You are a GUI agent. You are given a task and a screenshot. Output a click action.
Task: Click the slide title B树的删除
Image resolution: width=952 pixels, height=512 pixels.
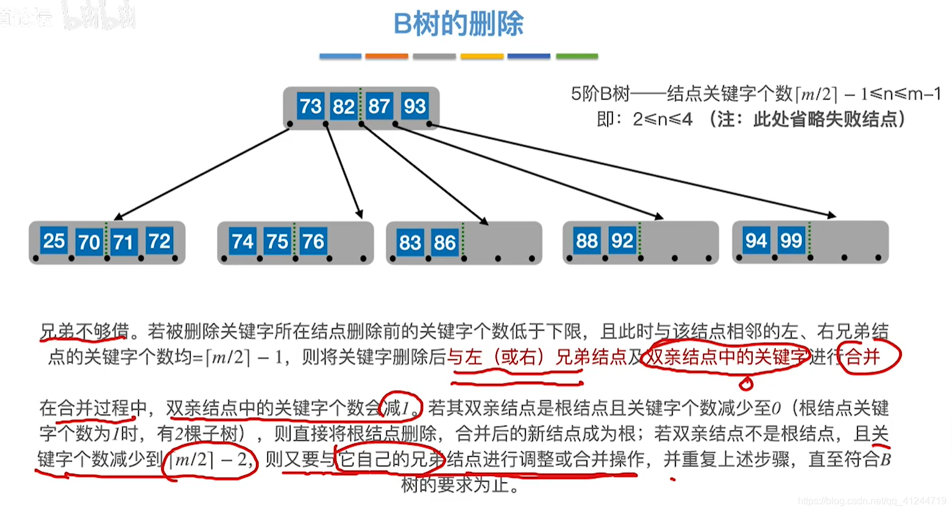(458, 24)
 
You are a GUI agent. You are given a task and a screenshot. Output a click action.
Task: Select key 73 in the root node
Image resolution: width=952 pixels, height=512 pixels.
(310, 106)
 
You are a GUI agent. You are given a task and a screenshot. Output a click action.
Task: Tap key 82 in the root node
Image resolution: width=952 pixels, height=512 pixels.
(343, 107)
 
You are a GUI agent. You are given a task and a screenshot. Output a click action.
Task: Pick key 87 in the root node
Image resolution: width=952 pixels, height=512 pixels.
(379, 106)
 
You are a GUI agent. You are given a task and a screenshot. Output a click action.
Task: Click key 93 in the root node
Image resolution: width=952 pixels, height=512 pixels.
(414, 106)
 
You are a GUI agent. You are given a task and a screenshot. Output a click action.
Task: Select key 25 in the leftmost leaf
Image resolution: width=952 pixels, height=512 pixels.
(54, 240)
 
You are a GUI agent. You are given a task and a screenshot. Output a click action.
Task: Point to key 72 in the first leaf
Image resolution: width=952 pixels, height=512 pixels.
(159, 241)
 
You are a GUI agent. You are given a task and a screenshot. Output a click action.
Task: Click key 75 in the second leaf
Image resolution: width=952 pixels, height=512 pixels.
(277, 242)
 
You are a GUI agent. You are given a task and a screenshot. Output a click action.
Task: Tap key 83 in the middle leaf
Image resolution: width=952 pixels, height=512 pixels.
(410, 242)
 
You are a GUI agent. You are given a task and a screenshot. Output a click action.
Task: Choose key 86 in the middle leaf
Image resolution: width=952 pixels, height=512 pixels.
(444, 242)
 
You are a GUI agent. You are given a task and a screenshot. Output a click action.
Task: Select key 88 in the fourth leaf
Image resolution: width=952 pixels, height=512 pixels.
(586, 240)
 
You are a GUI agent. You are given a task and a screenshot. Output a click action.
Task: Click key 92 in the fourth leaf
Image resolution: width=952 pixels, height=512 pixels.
(622, 240)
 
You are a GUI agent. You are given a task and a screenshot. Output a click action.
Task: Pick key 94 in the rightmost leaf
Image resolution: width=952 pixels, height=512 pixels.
(756, 240)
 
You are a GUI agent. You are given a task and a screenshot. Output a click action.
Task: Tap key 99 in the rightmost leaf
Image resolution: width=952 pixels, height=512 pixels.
(791, 240)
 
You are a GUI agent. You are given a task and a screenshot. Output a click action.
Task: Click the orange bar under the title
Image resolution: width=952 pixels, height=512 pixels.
(386, 56)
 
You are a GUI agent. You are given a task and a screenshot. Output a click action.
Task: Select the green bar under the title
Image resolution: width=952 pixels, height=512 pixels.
(577, 56)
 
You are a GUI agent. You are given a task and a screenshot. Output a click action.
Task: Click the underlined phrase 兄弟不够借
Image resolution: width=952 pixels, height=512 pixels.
(84, 331)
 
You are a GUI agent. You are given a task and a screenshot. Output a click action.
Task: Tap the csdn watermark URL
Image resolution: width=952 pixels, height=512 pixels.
(872, 501)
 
